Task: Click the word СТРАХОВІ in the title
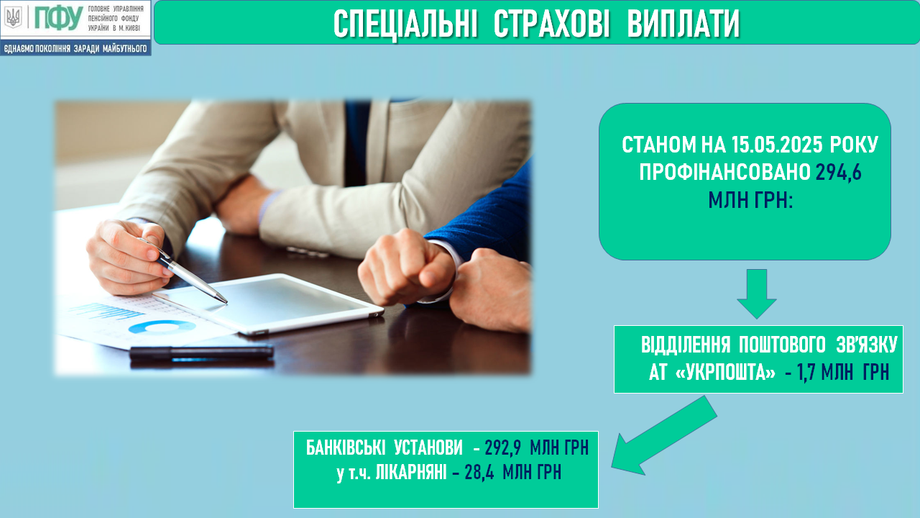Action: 551,24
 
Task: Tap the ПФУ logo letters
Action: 58,19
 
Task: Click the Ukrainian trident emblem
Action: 13,18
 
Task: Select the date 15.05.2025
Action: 777,145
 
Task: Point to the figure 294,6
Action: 838,173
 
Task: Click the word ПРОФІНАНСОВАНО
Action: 725,173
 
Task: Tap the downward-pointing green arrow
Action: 757,294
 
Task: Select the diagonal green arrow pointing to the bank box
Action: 664,435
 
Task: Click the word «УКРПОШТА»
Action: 725,373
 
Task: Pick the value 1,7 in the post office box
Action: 806,373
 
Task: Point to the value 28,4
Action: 479,473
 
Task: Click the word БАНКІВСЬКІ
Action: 346,447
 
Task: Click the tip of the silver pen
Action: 226,303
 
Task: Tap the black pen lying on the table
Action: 202,353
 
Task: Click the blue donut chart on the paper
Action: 162,327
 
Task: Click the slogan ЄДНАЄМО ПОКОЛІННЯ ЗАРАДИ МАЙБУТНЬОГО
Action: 75,49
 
